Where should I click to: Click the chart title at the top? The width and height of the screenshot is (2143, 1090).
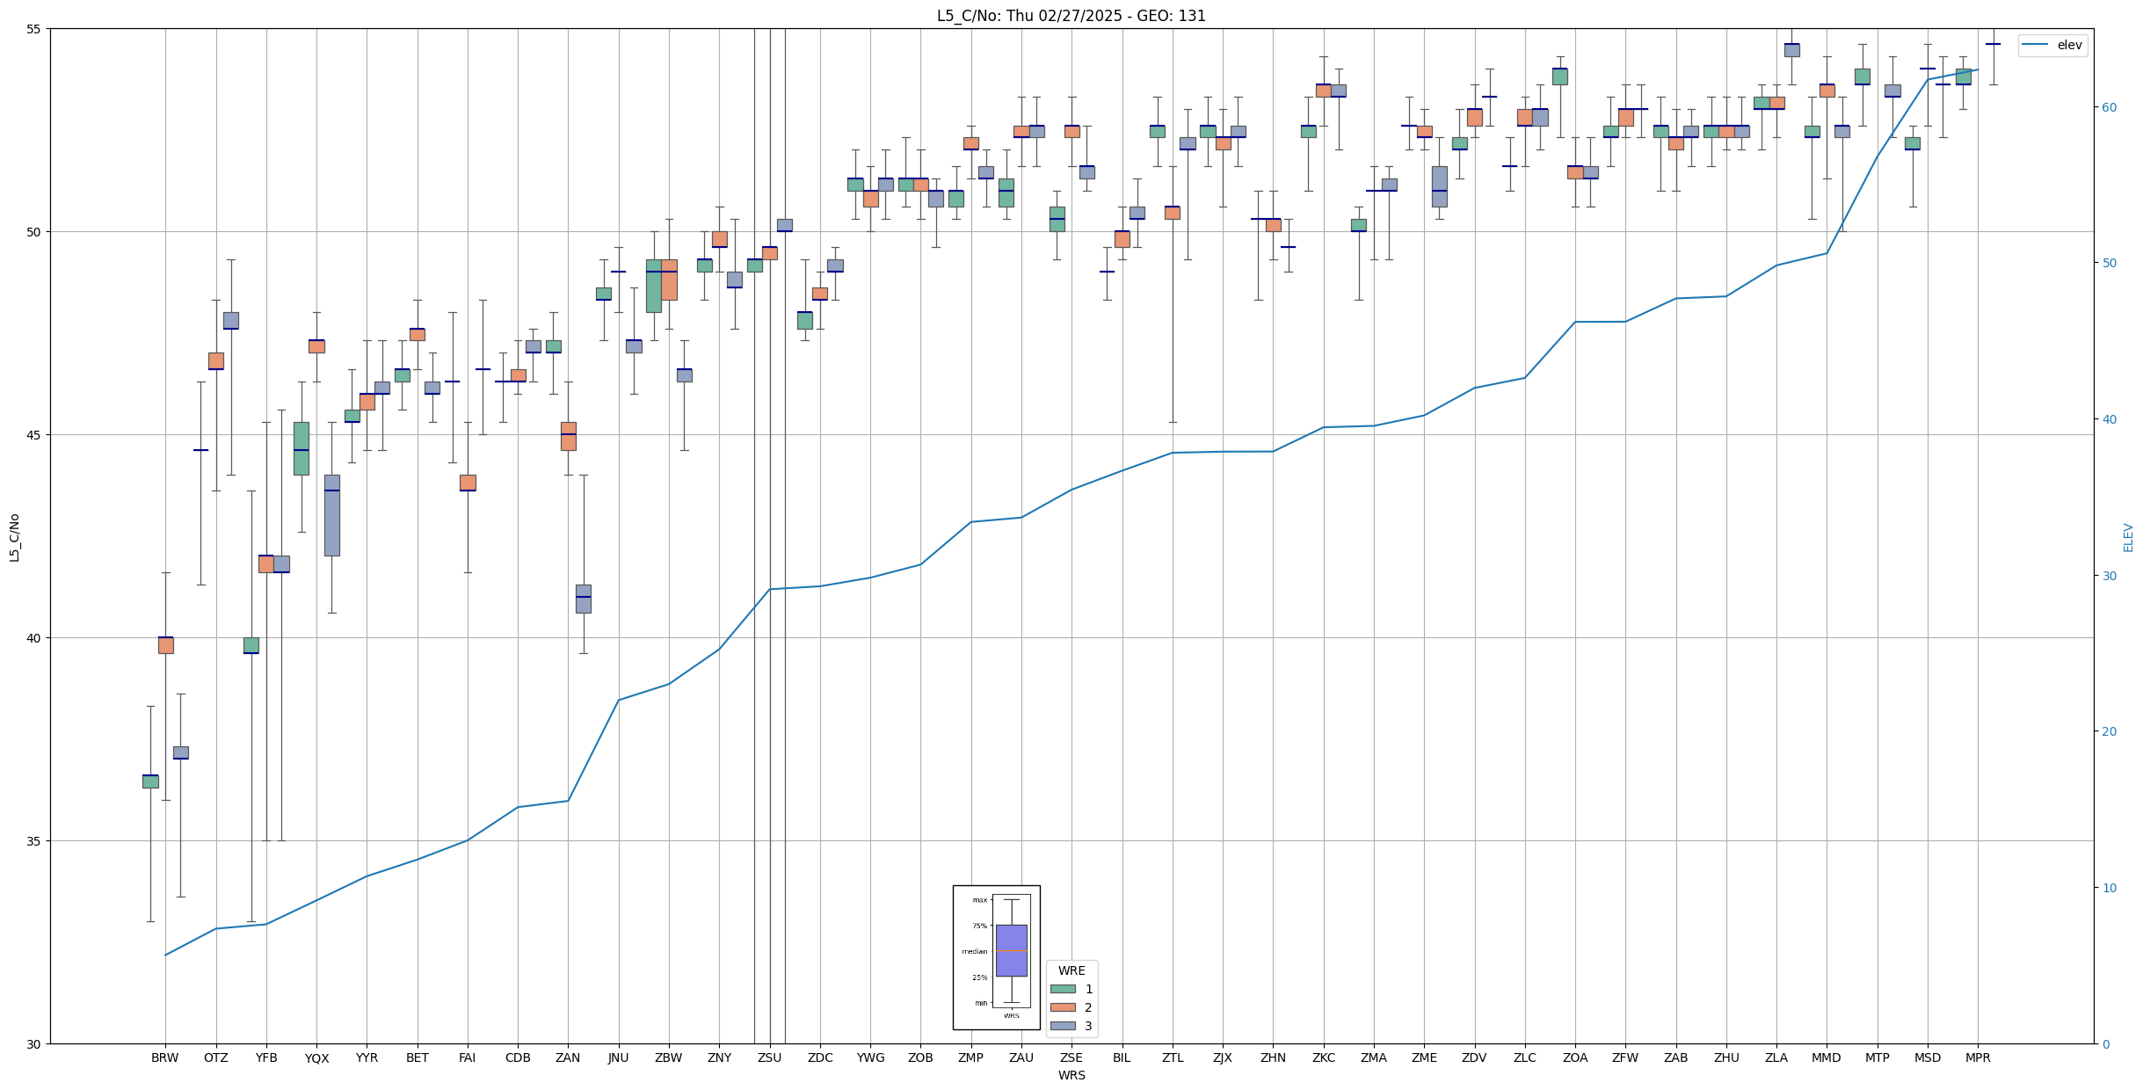pos(1071,16)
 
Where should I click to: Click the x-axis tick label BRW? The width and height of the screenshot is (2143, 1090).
pos(164,1057)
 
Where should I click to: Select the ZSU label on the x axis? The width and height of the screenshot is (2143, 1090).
pos(769,1057)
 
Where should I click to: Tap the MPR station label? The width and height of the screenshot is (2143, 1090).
pos(1978,1057)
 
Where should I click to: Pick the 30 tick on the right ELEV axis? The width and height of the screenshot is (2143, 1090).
pos(2109,576)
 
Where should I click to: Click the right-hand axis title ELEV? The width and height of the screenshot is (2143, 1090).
pos(2128,537)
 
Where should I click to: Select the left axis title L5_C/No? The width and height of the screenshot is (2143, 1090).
pos(14,537)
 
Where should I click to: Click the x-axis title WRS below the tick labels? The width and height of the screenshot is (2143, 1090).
pos(1071,1075)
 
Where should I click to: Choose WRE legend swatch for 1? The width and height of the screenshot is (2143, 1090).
pos(1063,989)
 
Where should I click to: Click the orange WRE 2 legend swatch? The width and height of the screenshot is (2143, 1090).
pos(1063,1007)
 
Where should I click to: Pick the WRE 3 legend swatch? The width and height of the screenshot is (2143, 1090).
pos(1063,1026)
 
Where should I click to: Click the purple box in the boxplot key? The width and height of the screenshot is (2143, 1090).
pos(1011,950)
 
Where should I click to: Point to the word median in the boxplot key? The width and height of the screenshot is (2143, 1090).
pos(974,951)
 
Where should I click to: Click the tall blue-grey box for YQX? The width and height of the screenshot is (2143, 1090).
pos(331,515)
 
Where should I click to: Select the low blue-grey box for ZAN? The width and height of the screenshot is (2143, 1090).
pos(583,599)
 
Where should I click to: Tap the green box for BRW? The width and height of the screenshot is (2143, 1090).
pos(150,781)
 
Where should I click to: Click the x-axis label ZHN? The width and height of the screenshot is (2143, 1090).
pos(1273,1057)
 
